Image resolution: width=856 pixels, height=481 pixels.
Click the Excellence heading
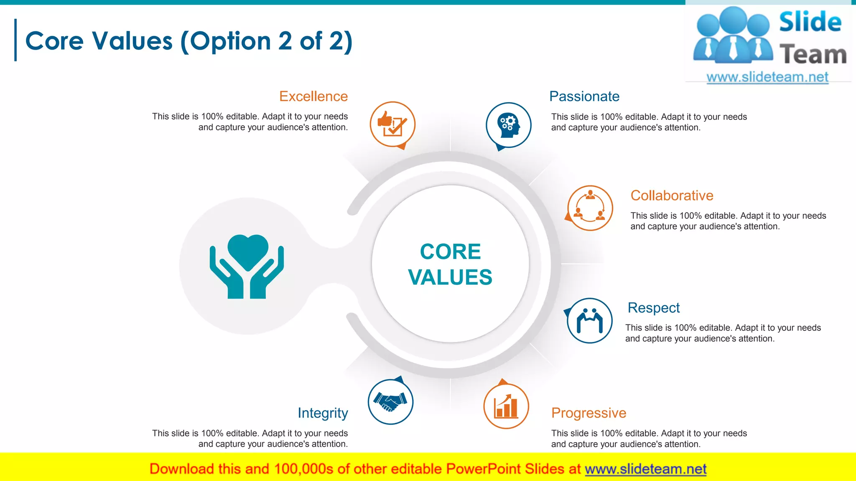(x=313, y=96)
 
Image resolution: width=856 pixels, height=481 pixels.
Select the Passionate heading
(x=584, y=96)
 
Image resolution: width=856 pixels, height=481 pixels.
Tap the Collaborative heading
(x=672, y=195)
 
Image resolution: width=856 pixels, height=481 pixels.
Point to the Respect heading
(x=653, y=308)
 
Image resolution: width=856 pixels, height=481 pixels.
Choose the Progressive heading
(x=588, y=413)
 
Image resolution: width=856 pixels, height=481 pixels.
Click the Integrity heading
(x=323, y=413)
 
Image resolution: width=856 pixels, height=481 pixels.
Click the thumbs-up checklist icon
(x=392, y=124)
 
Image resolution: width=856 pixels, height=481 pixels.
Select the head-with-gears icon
(x=508, y=125)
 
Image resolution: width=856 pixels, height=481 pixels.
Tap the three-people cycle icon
(x=590, y=208)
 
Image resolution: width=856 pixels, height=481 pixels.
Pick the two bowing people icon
(x=590, y=321)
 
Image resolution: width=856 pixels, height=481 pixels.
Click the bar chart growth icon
(x=506, y=406)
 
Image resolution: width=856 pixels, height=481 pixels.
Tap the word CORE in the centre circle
(x=450, y=252)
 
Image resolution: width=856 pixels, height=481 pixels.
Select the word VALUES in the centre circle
(x=450, y=277)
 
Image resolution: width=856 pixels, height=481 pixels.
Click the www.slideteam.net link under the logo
(x=767, y=77)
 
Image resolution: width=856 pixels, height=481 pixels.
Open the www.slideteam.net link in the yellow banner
(x=645, y=469)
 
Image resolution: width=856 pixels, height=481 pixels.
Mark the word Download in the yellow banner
(x=181, y=469)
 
